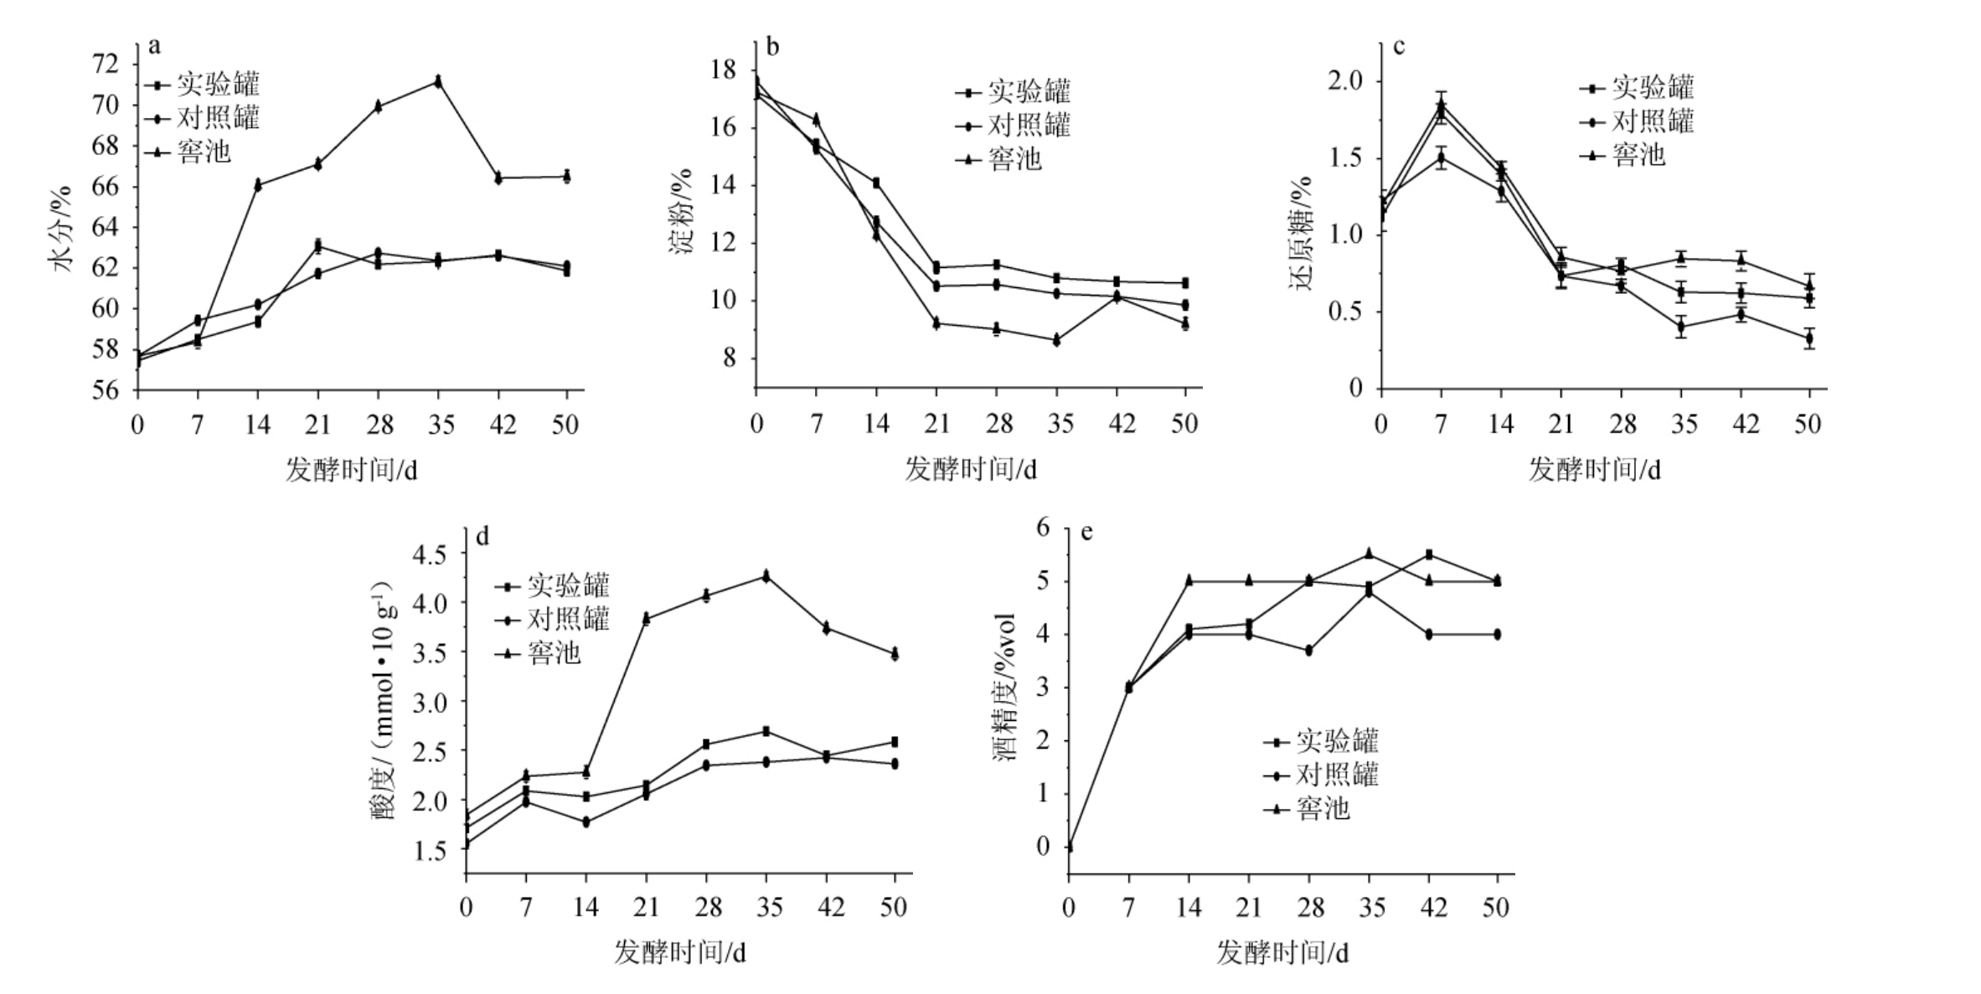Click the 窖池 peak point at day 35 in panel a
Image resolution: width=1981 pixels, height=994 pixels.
pos(438,81)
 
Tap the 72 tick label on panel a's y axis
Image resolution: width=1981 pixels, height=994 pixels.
pos(106,64)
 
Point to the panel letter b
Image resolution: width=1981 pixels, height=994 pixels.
pos(772,47)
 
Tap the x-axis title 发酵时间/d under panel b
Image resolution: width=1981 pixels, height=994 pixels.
pos(971,470)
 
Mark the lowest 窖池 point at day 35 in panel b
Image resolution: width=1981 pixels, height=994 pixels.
pos(1057,340)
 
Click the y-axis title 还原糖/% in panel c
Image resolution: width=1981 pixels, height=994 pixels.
pos(1303,234)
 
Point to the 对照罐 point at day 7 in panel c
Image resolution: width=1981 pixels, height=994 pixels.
pos(1442,157)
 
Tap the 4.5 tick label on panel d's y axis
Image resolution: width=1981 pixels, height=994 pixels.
pos(433,554)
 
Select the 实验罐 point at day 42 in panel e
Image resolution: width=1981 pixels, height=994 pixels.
pos(1429,554)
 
